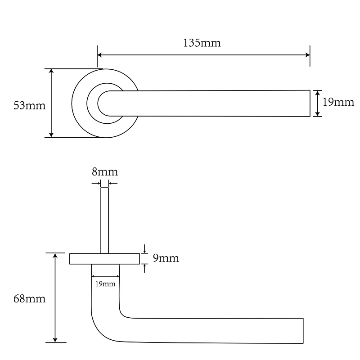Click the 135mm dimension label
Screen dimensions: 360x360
[x=202, y=43]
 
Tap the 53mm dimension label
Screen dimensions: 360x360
[x=30, y=106]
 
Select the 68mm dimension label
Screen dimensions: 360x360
[x=29, y=299]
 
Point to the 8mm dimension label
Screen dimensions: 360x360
[x=105, y=172]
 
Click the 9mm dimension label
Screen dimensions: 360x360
[x=166, y=258]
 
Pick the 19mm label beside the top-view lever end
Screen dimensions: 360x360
[x=338, y=102]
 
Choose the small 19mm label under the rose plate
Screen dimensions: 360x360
[x=105, y=284]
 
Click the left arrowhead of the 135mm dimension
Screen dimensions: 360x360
[x=99, y=55]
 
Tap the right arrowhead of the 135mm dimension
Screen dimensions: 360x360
[x=308, y=55]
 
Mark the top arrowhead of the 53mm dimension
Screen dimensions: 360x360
[x=51, y=71]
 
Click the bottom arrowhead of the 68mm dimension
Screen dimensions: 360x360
[x=55, y=340]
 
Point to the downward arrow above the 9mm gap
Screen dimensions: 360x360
[x=144, y=249]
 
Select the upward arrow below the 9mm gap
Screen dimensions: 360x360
[x=144, y=268]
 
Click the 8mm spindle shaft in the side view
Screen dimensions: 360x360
[x=105, y=220]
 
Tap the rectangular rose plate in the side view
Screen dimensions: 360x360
[x=105, y=259]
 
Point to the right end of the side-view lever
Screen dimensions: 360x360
[x=303, y=331]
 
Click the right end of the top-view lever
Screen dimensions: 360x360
[x=310, y=103]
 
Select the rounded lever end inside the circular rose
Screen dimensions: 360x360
[x=101, y=103]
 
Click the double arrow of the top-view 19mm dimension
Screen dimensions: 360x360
[x=318, y=103]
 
